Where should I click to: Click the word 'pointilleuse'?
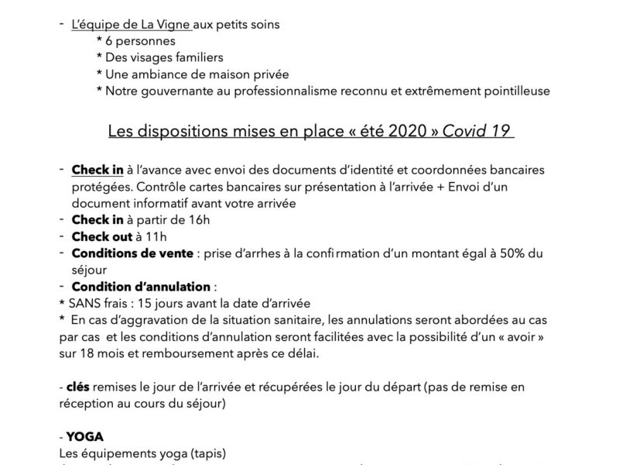pyautogui.click(x=513, y=91)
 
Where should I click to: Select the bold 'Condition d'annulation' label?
pyautogui.click(x=130, y=286)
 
